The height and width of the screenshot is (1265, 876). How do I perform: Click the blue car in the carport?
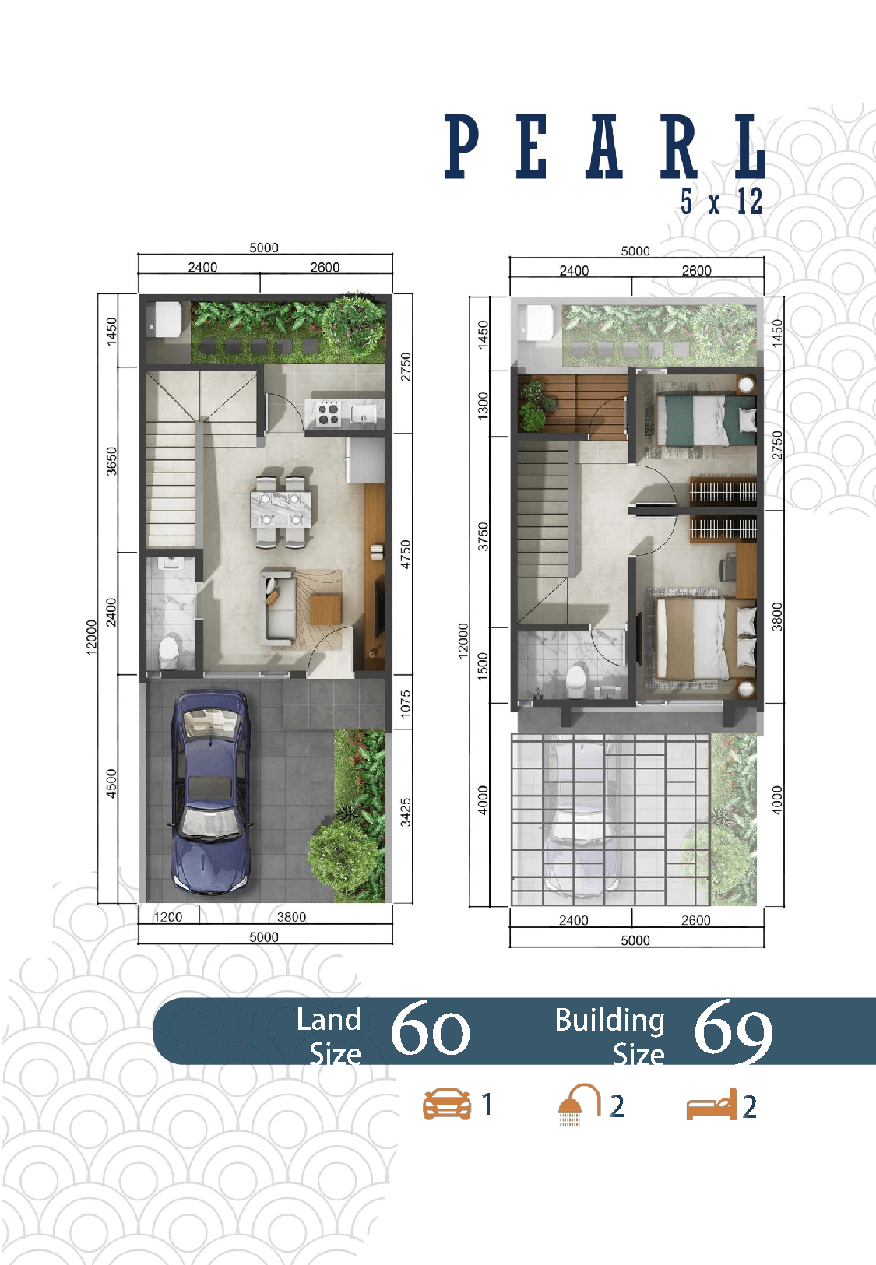211,792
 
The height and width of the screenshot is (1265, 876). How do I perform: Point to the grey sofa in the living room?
276,608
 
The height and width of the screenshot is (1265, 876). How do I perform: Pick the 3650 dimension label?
111,461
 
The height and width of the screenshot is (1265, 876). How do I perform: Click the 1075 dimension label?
406,704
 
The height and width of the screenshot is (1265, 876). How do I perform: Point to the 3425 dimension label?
406,812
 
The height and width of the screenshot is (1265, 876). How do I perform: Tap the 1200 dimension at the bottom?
167,916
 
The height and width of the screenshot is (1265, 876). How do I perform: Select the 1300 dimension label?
483,406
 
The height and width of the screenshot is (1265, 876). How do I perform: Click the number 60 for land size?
430,1029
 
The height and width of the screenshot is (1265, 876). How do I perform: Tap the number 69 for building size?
733,1030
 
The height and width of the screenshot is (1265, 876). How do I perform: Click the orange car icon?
447,1104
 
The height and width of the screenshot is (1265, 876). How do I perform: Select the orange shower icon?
579,1104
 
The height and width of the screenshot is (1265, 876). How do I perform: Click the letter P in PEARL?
462,146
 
